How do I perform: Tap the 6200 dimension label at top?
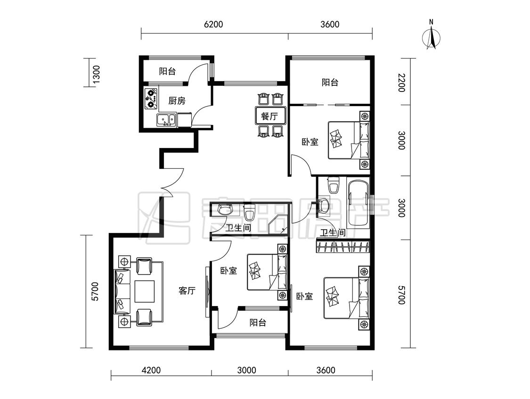pos(213,25)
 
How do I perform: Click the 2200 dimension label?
pos(401,82)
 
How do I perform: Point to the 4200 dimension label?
pos(151,370)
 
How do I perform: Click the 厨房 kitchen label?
pos(177,100)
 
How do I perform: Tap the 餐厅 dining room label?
pos(269,116)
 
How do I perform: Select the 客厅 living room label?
pos(187,291)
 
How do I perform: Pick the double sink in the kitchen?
pos(166,120)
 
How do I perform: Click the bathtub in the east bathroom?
pos(359,204)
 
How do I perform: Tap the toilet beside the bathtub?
pos(334,185)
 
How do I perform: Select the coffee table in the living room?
pos(145,291)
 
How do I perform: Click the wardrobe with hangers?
pos(343,246)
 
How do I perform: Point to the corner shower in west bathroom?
pos(278,224)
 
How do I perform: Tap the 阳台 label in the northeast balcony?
pos(330,82)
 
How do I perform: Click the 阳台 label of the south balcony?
pos(258,323)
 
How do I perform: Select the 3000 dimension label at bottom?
pos(246,370)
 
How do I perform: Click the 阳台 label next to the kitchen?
pos(168,71)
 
